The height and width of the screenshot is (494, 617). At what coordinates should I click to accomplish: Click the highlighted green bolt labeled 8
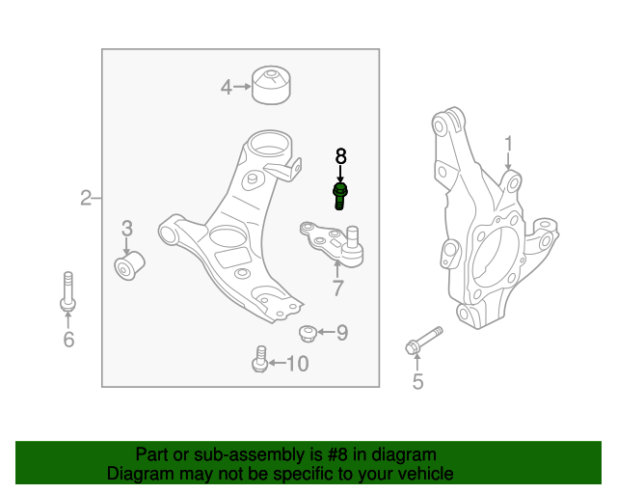[340, 196]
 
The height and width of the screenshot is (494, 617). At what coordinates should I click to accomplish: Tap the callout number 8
[340, 156]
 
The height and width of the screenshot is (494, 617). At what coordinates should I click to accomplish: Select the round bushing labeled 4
[271, 85]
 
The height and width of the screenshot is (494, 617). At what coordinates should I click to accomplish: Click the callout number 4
[227, 87]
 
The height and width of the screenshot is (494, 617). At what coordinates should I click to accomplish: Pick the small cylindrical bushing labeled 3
[129, 265]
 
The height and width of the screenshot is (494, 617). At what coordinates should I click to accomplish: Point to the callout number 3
[126, 229]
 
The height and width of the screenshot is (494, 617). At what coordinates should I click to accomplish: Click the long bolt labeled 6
[68, 291]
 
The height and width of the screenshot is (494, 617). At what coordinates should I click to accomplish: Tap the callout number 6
[68, 340]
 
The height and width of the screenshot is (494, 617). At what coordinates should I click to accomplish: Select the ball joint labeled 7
[332, 243]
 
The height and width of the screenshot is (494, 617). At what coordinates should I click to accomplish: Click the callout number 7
[338, 288]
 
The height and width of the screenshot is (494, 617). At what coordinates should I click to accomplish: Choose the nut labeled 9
[308, 333]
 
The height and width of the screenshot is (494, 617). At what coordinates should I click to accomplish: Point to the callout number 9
[342, 333]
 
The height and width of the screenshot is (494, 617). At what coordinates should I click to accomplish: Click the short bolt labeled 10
[260, 359]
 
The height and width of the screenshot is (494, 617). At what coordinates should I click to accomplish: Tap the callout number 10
[298, 364]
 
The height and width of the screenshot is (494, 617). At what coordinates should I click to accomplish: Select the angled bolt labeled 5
[424, 341]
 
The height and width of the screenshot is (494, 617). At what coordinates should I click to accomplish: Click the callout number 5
[417, 382]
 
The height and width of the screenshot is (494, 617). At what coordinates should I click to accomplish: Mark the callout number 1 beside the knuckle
[509, 144]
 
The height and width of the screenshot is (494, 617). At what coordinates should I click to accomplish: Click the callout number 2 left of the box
[86, 198]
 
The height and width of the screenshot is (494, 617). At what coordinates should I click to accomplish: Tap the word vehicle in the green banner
[428, 474]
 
